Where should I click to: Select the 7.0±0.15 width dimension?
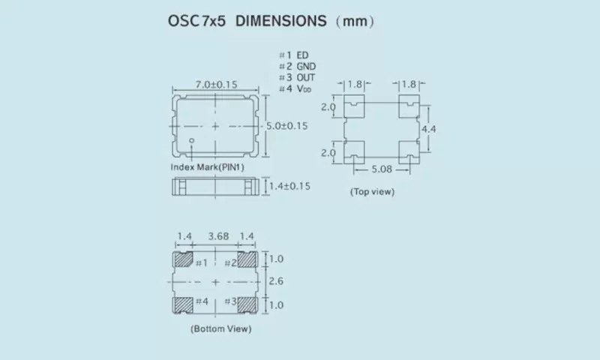pyautogui.click(x=216, y=85)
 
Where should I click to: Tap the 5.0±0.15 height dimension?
pyautogui.click(x=287, y=126)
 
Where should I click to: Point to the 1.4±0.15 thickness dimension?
pyautogui.click(x=289, y=186)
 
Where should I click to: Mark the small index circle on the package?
pyautogui.click(x=192, y=141)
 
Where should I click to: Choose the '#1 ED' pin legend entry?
pyautogui.click(x=293, y=55)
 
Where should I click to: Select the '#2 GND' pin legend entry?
pyautogui.click(x=297, y=67)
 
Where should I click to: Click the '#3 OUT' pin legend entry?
pyautogui.click(x=297, y=78)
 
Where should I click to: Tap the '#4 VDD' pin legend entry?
pyautogui.click(x=295, y=90)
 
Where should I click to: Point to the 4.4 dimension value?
pyautogui.click(x=429, y=130)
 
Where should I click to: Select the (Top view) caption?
pyautogui.click(x=372, y=192)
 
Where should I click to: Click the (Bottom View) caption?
pyautogui.click(x=220, y=328)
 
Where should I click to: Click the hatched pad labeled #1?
pyautogui.click(x=182, y=261)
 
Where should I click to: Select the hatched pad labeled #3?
pyautogui.click(x=247, y=303)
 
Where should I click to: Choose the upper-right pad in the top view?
pyautogui.click(x=409, y=107)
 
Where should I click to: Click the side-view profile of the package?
pyautogui.click(x=216, y=187)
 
